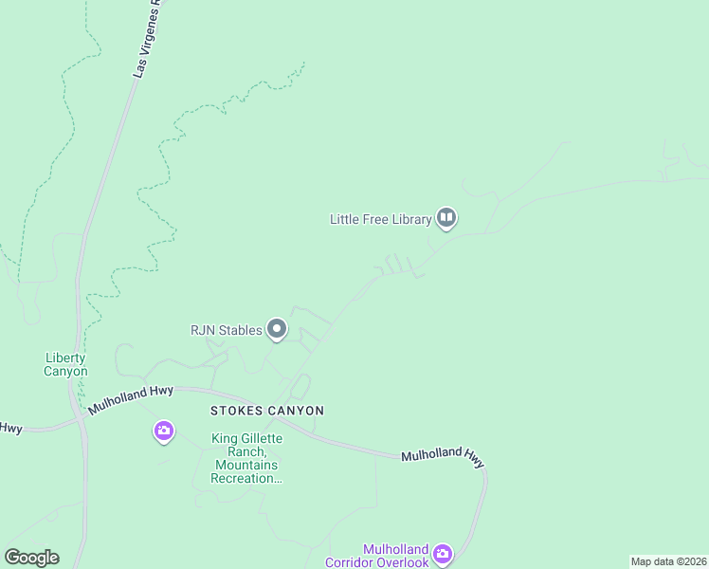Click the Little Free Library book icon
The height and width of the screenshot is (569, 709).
click(446, 219)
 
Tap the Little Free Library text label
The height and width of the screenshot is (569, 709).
click(379, 219)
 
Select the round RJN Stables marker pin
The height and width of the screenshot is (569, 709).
click(277, 330)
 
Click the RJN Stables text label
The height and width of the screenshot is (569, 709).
click(226, 330)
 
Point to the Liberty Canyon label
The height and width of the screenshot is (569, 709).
click(65, 364)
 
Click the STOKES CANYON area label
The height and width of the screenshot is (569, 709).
click(266, 411)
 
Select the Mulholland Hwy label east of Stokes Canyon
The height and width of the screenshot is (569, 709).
click(443, 457)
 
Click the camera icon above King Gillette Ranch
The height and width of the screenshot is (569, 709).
click(164, 432)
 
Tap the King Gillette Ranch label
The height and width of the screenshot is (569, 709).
click(245, 458)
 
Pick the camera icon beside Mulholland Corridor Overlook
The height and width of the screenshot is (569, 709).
click(443, 553)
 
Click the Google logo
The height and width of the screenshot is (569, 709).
click(32, 558)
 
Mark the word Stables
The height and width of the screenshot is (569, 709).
click(242, 330)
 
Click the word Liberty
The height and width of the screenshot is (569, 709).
click(65, 358)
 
